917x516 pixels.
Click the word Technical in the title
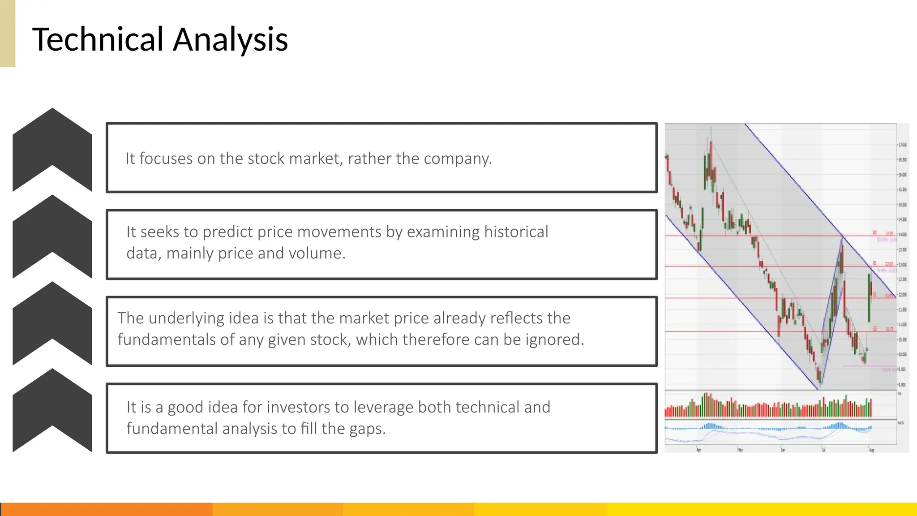click(98, 39)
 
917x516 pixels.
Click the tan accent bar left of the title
click(8, 33)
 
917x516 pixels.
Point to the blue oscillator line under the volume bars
click(768, 429)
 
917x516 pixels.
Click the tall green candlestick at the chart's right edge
click(869, 298)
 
